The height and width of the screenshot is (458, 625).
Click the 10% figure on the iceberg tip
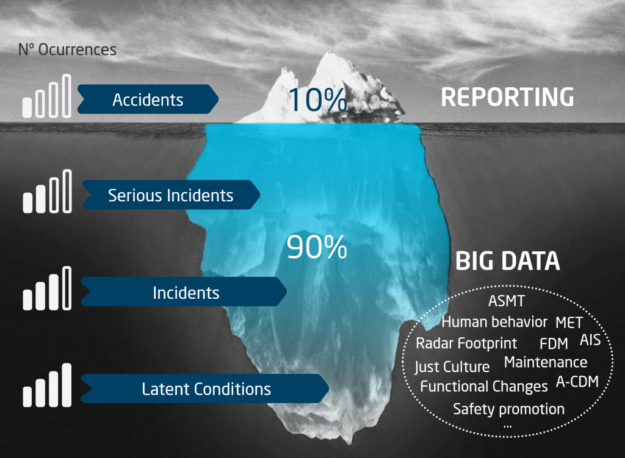coord(317,99)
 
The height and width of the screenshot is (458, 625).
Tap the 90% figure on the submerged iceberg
coord(317,248)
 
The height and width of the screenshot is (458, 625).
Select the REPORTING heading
coord(507,98)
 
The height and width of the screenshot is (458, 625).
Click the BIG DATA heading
coord(507,261)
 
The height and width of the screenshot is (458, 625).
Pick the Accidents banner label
coord(148,99)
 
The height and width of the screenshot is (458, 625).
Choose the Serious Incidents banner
coord(170,195)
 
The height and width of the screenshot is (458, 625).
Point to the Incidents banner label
coord(186,293)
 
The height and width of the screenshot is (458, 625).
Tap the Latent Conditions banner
coord(206,388)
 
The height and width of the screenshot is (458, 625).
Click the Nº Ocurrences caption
coord(67,49)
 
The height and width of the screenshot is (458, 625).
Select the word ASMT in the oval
coord(507,301)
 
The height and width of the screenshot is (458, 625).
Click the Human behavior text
coord(494,321)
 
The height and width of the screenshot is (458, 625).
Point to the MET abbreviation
coord(569,322)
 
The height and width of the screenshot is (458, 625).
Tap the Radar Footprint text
coord(466,343)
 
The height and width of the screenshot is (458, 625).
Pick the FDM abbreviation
coord(554,343)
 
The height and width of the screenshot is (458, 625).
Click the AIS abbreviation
coord(590,340)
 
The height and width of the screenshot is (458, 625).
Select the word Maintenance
coord(545,362)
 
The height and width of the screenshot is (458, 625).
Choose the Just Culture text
coord(452,367)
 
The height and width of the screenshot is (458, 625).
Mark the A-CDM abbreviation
coord(577,382)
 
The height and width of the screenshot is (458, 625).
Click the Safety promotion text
coord(508,409)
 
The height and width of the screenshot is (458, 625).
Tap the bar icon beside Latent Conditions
coord(47,385)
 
